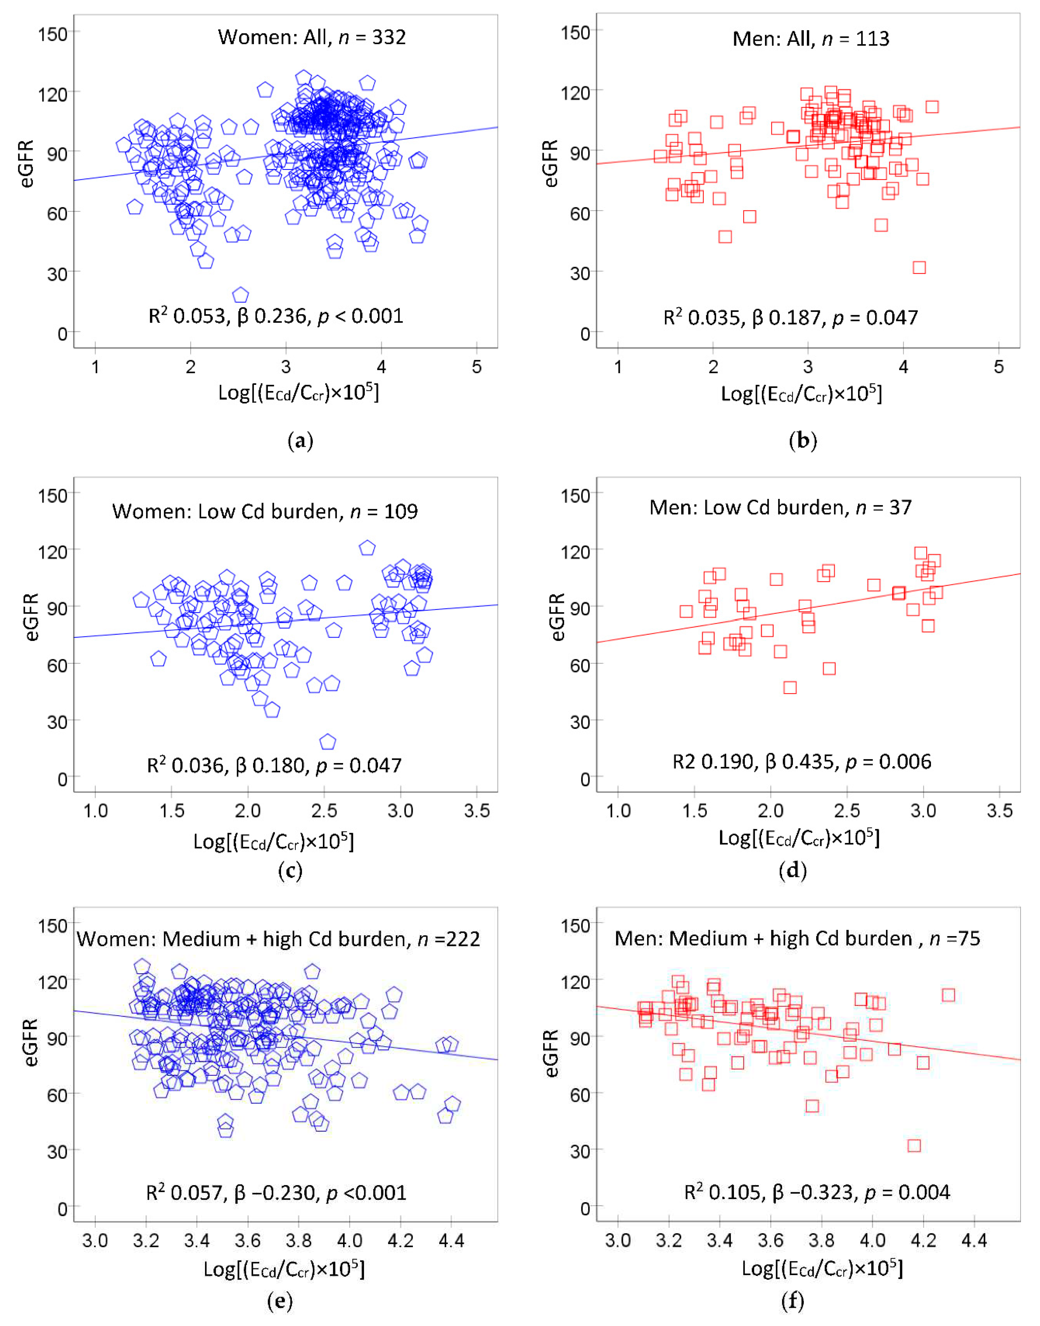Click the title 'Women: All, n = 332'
[x=312, y=37]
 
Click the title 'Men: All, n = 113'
[x=811, y=39]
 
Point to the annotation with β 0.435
[x=801, y=762]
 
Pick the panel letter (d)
[x=793, y=871]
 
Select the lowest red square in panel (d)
[x=790, y=688]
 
